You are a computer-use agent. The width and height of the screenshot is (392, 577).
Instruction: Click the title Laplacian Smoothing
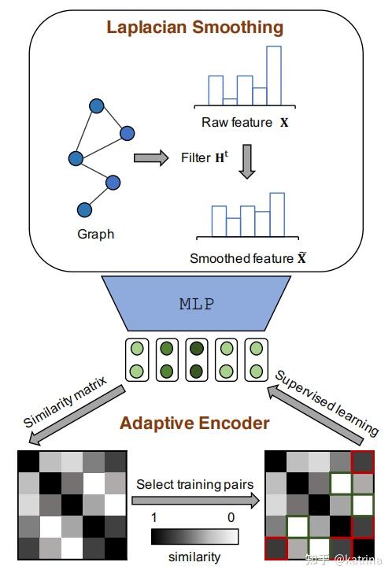[194, 28]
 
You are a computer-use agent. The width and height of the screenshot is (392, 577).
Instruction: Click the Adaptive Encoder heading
[194, 423]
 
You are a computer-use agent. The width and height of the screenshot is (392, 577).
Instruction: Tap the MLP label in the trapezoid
[196, 304]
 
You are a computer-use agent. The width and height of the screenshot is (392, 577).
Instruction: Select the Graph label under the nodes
[95, 234]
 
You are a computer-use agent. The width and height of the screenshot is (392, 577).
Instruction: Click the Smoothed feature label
[246, 257]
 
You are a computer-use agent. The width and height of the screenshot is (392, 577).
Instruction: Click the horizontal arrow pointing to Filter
[151, 158]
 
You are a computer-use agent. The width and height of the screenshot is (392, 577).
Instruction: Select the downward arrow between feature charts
[246, 159]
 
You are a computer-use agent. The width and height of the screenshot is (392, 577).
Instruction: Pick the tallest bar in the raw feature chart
[273, 76]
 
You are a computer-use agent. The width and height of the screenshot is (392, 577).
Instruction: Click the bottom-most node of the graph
[84, 209]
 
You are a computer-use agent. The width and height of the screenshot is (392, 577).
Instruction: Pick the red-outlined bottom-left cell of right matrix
[275, 547]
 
